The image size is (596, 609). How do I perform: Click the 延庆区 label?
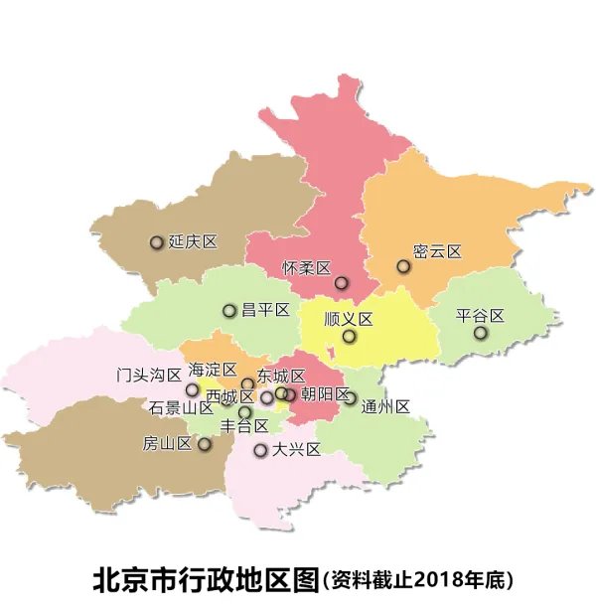(x=193, y=241)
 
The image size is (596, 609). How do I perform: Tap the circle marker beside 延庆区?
(x=156, y=242)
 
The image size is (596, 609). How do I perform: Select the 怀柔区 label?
(x=306, y=267)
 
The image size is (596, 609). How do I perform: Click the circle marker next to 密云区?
(x=403, y=266)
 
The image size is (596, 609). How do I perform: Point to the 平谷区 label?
(x=481, y=316)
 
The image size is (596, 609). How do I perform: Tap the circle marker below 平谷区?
(x=481, y=333)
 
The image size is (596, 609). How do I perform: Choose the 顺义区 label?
(x=348, y=319)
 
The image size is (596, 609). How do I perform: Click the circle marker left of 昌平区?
(x=229, y=311)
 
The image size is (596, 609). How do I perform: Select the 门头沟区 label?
(x=149, y=375)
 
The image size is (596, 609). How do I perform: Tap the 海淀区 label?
(x=213, y=369)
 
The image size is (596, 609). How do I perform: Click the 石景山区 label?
(x=182, y=407)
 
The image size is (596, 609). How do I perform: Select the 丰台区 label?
(x=244, y=426)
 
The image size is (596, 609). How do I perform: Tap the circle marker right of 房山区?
(x=205, y=444)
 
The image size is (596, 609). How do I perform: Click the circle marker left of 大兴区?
(x=260, y=450)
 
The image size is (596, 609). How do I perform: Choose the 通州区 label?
(x=386, y=405)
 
